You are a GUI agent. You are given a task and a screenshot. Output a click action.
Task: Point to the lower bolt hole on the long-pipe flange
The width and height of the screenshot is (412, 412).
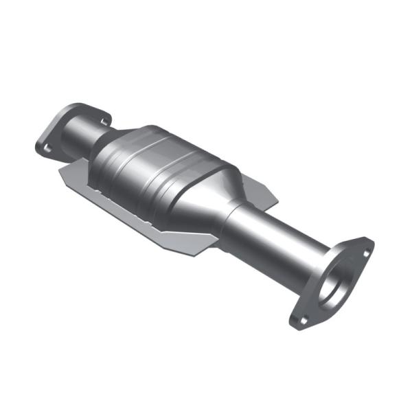point(300,319)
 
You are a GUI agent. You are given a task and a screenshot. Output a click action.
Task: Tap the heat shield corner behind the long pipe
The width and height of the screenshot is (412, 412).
point(275,199)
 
